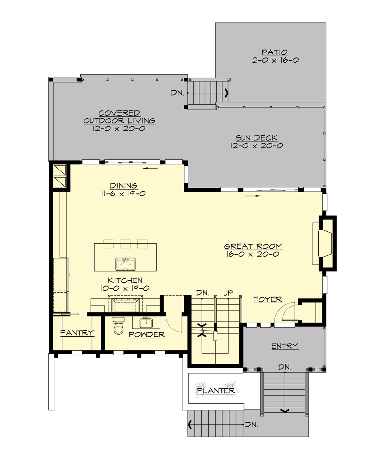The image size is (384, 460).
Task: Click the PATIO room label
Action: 275,52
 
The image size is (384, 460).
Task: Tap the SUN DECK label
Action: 257,138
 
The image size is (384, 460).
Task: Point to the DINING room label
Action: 124,186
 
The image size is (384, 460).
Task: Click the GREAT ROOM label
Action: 253,246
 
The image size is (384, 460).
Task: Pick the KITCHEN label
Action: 125,280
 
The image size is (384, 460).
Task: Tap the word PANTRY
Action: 77,333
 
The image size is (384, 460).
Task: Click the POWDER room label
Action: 147,334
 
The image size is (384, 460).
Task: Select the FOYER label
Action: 268,300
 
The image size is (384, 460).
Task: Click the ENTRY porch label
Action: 284,346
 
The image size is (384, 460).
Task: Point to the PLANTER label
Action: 216,390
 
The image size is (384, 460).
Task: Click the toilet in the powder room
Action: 119,326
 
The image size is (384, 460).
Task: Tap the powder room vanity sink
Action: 147,323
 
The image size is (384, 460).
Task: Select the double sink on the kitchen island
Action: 125,264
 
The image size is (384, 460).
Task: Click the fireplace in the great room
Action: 325,243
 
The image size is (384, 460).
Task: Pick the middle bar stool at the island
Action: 125,243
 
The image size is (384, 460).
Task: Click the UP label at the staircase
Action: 228,293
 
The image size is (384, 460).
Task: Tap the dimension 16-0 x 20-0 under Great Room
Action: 252,255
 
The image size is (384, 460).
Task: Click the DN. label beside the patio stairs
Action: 177,93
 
